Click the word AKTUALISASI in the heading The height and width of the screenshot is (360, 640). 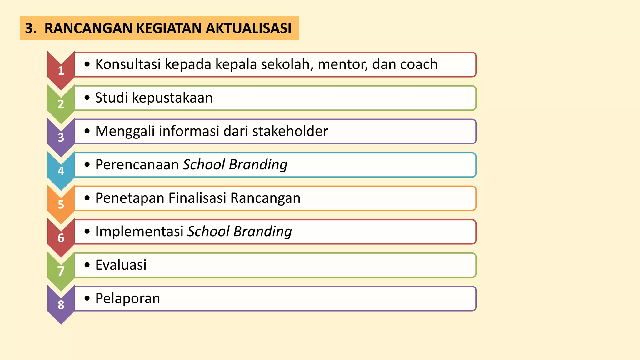tap(248, 28)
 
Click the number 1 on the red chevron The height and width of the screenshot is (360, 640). tap(61, 71)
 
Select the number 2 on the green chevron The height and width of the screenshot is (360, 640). tap(61, 104)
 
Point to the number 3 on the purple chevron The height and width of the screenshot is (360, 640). tap(61, 137)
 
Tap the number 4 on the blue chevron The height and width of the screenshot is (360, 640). tap(61, 171)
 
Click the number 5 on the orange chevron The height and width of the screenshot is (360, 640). tap(61, 204)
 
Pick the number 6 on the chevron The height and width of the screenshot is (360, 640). tap(61, 238)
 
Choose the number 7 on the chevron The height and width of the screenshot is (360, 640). tap(61, 271)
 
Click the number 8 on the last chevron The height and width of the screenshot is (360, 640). tap(61, 305)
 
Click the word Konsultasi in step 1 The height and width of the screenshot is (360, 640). tap(128, 64)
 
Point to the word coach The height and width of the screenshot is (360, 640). tap(419, 64)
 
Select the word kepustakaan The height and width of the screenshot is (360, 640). tap(172, 98)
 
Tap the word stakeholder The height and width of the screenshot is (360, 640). tap(290, 131)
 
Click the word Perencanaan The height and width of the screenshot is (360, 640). tap(137, 164)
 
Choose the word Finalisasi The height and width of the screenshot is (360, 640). tap(197, 198)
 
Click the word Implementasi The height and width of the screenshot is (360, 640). tap(139, 232)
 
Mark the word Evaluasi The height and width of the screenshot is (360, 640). tap(121, 265)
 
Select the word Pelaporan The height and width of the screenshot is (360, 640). tap(127, 298)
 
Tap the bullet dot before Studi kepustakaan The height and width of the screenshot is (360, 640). tap(87, 98)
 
